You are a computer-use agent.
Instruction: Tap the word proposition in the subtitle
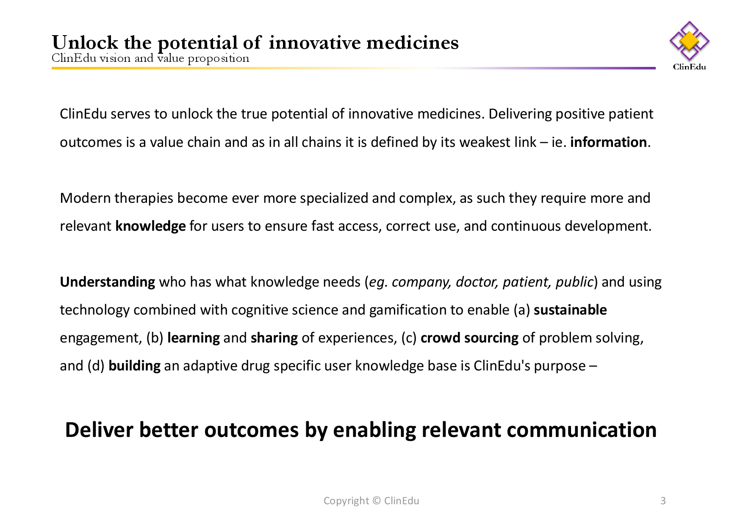[219, 58]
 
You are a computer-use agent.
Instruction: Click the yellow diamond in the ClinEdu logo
[689, 41]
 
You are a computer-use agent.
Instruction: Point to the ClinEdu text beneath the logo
[689, 66]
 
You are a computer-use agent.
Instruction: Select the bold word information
[608, 142]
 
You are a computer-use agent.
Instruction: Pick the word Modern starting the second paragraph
[85, 198]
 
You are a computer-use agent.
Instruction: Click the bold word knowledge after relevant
[150, 227]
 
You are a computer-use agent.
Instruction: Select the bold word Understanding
[108, 282]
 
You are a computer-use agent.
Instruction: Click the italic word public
[574, 282]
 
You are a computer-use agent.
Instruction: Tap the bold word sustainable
[570, 310]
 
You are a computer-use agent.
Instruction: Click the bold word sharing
[274, 338]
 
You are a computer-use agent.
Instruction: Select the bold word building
[134, 366]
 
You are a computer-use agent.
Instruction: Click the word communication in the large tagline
[582, 430]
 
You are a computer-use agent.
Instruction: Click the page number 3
[663, 501]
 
